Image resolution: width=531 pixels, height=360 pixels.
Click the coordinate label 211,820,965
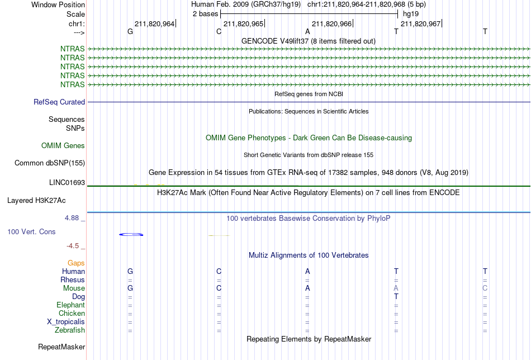(244, 23)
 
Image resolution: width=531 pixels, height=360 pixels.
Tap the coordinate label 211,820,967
(420, 23)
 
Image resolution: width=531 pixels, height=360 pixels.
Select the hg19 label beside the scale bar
(411, 14)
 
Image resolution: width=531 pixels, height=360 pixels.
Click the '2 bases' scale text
(206, 14)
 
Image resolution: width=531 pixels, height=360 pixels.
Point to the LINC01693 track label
(67, 183)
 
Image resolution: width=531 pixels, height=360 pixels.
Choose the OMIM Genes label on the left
(63, 146)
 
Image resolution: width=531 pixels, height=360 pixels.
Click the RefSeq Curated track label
(59, 102)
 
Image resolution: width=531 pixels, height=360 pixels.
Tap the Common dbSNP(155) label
(50, 163)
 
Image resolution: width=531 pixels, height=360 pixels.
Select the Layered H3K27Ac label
(36, 201)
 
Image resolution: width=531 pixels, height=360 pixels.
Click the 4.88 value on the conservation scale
(72, 218)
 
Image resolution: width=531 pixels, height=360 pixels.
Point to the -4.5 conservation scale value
(73, 246)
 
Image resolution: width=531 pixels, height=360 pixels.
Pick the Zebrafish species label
(70, 330)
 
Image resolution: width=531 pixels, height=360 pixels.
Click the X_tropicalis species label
(66, 322)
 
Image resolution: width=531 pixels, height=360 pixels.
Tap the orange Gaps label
(76, 263)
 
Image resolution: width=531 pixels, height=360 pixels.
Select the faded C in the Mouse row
(485, 288)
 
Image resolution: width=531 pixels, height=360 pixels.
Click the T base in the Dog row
(396, 297)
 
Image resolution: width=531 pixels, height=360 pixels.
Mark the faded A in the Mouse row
(396, 288)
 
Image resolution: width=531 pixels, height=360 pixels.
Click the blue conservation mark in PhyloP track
(131, 234)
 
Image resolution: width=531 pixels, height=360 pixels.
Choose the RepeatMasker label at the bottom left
(61, 347)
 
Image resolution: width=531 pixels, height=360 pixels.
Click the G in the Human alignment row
(130, 271)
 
